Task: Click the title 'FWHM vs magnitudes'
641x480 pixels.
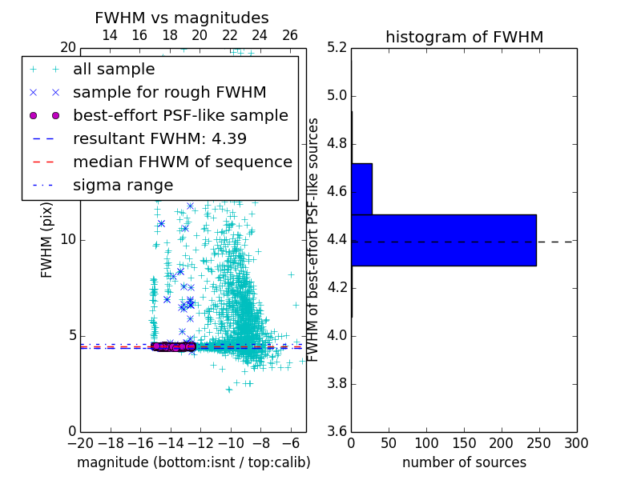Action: (x=181, y=18)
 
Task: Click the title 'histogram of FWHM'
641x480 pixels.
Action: (x=464, y=38)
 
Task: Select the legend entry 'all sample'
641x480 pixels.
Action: (x=114, y=70)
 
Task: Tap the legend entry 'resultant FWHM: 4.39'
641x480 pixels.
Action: (x=159, y=139)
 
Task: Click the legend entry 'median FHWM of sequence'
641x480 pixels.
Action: (x=182, y=162)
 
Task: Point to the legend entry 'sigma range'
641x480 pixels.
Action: (x=123, y=186)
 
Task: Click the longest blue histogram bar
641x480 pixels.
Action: (x=443, y=240)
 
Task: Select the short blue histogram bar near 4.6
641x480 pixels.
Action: (x=361, y=189)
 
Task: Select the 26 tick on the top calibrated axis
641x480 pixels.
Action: (x=290, y=35)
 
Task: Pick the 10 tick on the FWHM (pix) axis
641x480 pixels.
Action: (x=67, y=240)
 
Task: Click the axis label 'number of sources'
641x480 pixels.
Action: (x=464, y=462)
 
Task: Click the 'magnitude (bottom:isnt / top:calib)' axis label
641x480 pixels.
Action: (x=193, y=462)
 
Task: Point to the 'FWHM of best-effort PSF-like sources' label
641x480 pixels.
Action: (x=314, y=239)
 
